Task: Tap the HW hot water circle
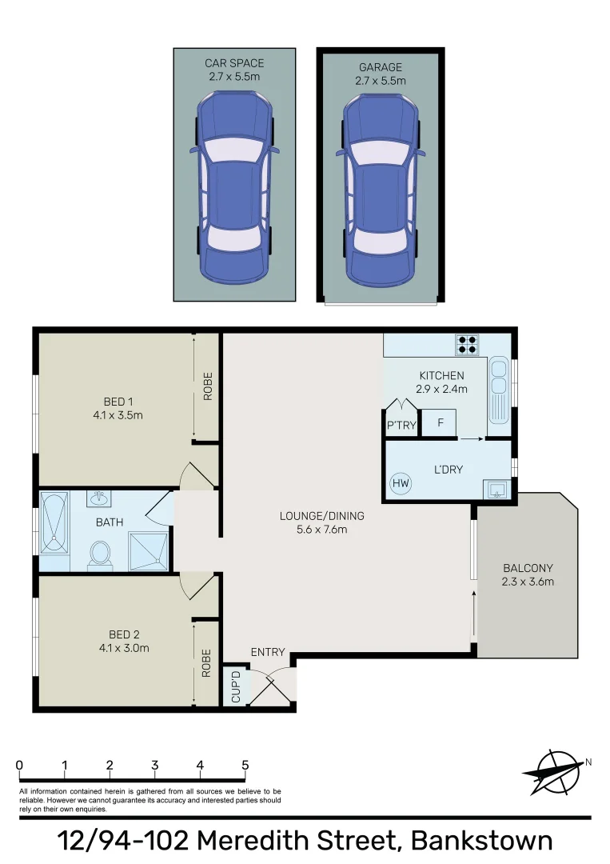[400, 483]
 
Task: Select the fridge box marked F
[439, 422]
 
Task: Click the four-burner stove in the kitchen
[467, 345]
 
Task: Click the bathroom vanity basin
[100, 500]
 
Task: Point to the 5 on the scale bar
[245, 765]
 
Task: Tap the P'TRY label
[401, 426]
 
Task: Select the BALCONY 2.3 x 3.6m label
[527, 574]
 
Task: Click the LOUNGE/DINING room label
[313, 522]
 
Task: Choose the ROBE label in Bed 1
[207, 386]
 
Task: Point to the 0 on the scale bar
[19, 765]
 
